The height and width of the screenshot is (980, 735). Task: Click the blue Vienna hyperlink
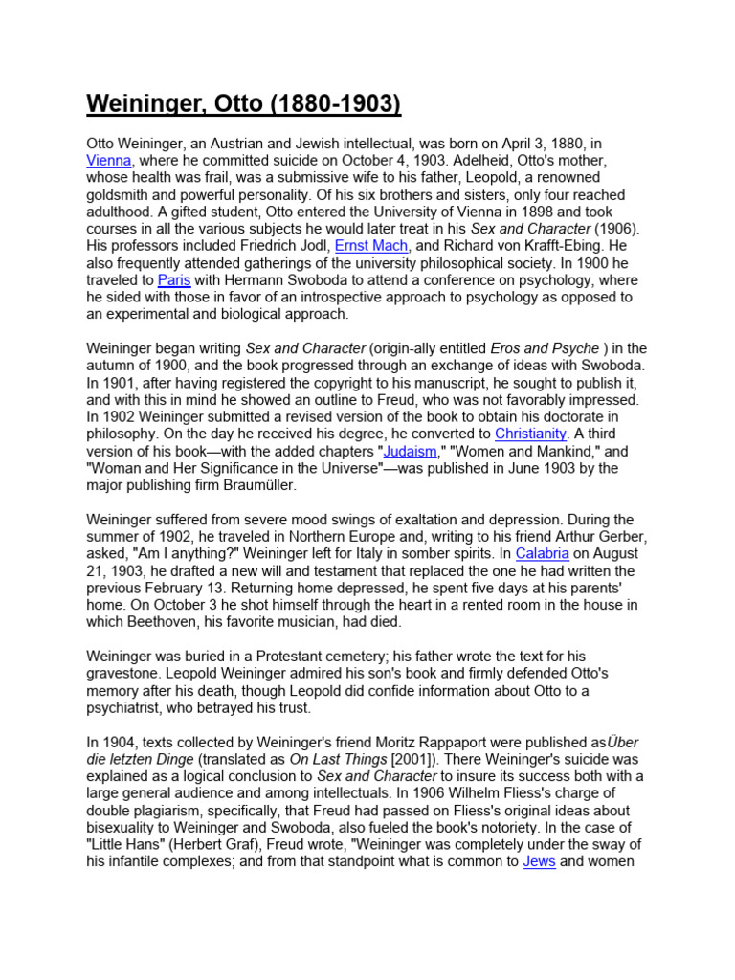pos(109,161)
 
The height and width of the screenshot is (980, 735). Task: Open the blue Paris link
pos(173,280)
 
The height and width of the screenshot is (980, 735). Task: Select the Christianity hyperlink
pos(531,434)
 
